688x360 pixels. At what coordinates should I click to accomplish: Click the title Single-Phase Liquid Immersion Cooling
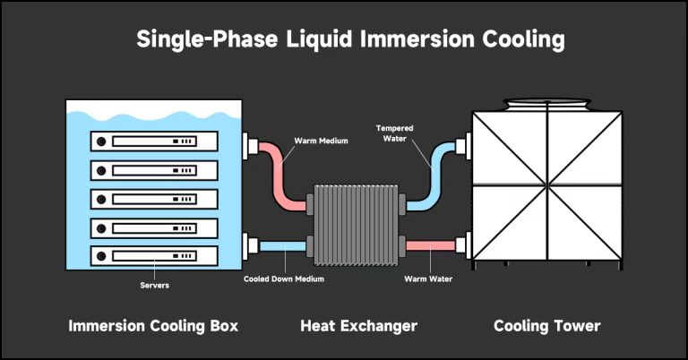[x=344, y=40]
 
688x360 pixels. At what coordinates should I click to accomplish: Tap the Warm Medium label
[x=320, y=141]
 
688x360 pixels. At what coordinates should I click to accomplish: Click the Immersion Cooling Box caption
[x=153, y=326]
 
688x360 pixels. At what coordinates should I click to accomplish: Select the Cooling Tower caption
[x=546, y=326]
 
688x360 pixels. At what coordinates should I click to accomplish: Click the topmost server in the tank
[x=154, y=141]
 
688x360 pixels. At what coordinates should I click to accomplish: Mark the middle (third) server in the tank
[x=154, y=197]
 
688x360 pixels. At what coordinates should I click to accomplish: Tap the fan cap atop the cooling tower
[x=546, y=105]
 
